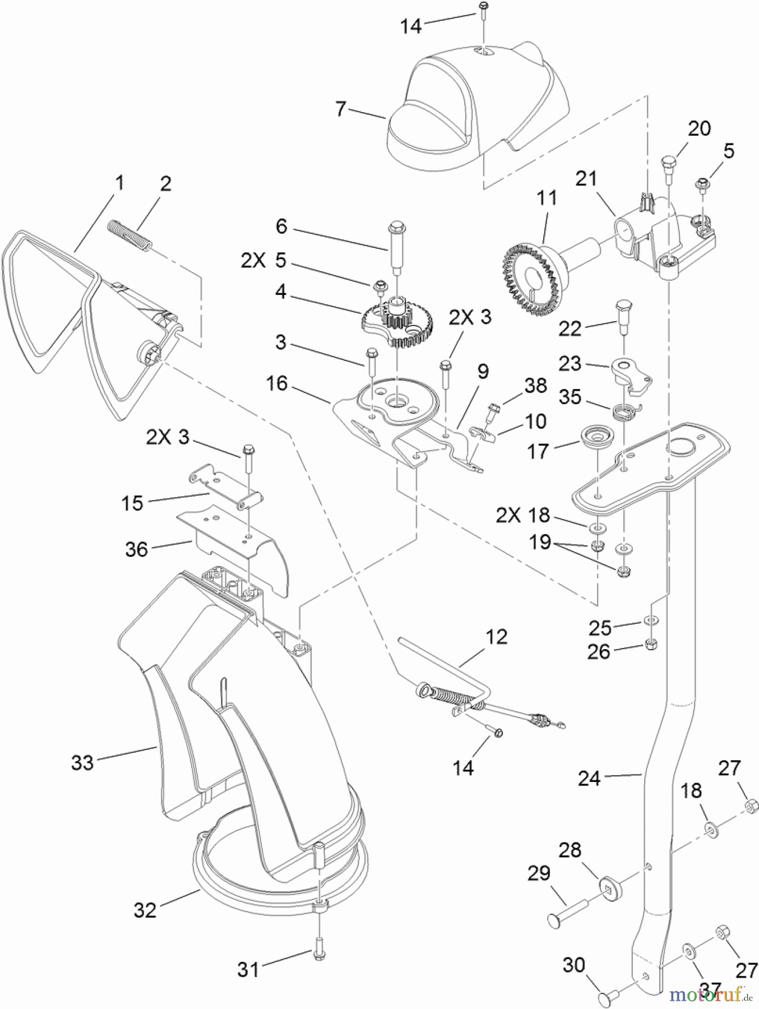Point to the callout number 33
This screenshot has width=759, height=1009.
pos(82,762)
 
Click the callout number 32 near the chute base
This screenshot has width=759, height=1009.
pos(145,909)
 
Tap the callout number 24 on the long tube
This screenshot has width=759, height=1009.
pos(589,778)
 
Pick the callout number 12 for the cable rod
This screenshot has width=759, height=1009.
pos(496,637)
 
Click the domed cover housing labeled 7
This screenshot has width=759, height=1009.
pos(476,107)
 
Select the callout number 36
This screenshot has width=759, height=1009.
pos(136,549)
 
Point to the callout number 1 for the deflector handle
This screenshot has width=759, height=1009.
pos(119,182)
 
